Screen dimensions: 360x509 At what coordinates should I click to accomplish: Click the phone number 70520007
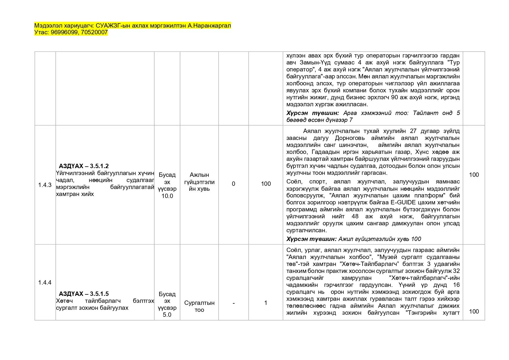(94, 33)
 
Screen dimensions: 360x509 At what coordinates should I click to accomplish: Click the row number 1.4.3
(45, 185)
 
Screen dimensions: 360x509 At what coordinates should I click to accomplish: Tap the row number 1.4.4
(45, 282)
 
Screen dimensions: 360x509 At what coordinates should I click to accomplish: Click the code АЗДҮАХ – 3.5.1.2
(84, 166)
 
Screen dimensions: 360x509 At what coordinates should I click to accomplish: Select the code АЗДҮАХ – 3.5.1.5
(84, 294)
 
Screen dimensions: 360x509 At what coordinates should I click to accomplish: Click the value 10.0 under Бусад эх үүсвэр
(167, 196)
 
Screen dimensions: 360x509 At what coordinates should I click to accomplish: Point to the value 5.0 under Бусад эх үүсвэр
(167, 315)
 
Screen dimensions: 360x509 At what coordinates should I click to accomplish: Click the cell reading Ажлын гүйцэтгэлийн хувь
(199, 182)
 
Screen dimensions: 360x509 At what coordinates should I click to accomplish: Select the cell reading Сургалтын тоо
(199, 306)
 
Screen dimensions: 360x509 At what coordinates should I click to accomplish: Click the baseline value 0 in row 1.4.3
(233, 184)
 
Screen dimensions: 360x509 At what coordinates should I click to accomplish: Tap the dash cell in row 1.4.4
(234, 303)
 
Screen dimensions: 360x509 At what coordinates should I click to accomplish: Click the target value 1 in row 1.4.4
(266, 303)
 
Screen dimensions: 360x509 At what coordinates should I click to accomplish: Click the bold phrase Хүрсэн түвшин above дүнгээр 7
(313, 113)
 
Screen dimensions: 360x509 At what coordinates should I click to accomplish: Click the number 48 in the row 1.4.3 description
(355, 216)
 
